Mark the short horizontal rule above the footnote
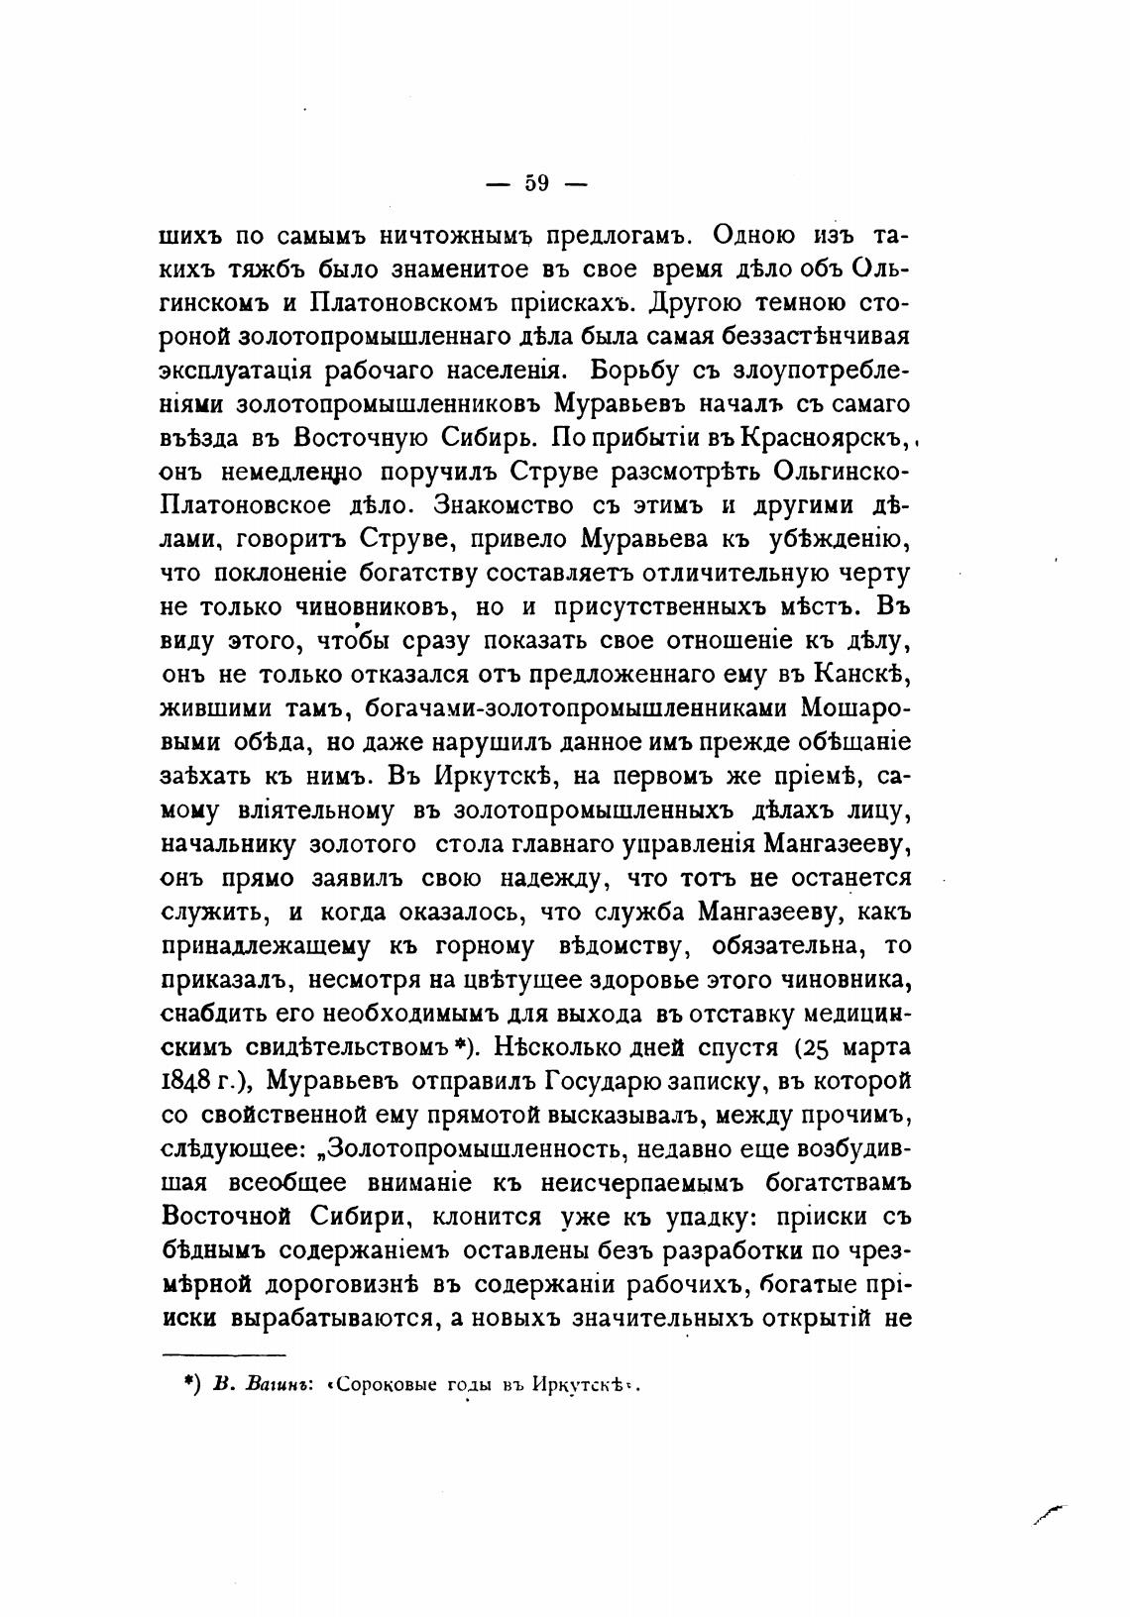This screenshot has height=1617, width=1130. coord(223,1354)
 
